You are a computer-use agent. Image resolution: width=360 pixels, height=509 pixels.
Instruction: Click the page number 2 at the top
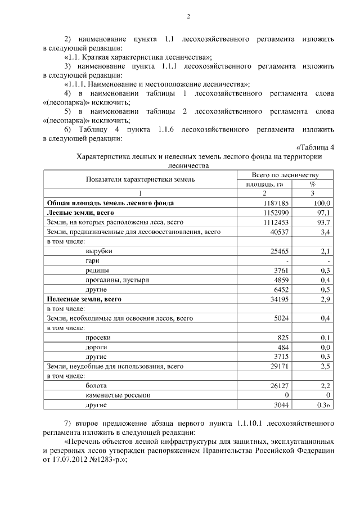[x=188, y=16]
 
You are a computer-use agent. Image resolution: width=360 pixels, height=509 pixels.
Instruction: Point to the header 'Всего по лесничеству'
[x=285, y=175]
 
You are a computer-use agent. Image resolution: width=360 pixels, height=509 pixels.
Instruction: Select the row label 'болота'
[x=96, y=385]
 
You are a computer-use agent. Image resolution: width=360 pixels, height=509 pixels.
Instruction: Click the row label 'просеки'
[x=98, y=337]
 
